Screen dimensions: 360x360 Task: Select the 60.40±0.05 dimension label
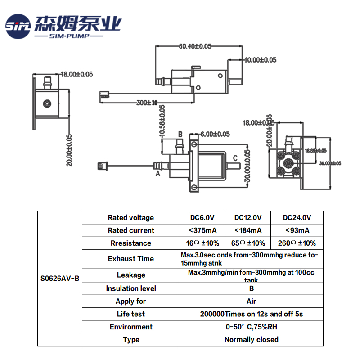point(195,46)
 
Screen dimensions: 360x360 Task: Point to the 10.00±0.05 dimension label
point(260,60)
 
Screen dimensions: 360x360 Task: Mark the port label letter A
point(158,172)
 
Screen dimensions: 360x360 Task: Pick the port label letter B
point(180,134)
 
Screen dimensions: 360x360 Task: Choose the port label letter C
point(235,158)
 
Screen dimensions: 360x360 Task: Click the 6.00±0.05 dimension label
point(215,134)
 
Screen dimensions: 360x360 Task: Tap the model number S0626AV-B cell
point(59,278)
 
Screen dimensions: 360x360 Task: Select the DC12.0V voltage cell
point(248,218)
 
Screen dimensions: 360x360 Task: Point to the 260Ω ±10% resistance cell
point(297,243)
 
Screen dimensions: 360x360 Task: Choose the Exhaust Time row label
point(130,259)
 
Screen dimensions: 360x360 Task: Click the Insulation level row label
point(130,288)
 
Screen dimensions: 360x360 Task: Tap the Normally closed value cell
point(251,339)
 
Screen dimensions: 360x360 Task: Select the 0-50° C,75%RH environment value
point(251,327)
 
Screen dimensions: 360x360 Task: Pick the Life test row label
point(130,314)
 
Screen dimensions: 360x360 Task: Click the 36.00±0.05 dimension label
point(330,163)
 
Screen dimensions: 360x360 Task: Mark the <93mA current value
point(297,230)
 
